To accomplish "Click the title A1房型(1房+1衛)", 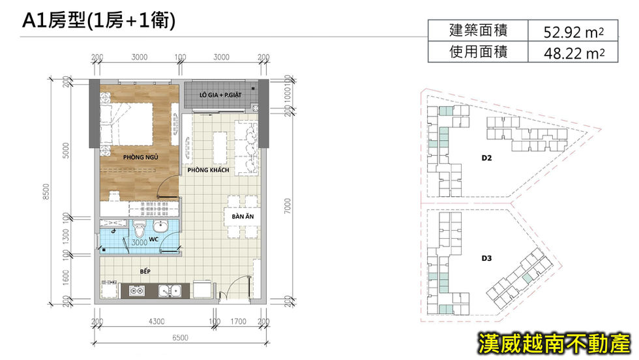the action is (x=98, y=20).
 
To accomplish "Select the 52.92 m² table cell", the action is (x=573, y=31).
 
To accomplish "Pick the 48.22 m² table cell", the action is (x=573, y=52).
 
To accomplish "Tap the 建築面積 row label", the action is (x=478, y=30).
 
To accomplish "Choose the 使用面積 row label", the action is (x=478, y=52).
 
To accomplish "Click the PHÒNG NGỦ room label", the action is (x=141, y=157).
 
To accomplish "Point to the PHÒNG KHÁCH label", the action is (x=208, y=170).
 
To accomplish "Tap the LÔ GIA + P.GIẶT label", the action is (x=220, y=95).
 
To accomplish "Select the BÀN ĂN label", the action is (x=243, y=217).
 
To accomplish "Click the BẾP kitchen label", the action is (x=145, y=271).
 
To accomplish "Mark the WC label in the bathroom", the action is (x=154, y=239).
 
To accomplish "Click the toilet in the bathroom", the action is (x=140, y=229).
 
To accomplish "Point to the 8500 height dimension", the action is (x=46, y=192).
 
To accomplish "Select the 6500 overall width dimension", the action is (x=180, y=338).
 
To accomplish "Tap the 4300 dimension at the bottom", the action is (x=156, y=322).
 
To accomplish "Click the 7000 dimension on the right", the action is (x=288, y=206).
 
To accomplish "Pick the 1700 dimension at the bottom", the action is (x=239, y=322).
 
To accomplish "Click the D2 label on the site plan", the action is (x=486, y=158).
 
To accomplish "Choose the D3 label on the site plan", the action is (x=486, y=258).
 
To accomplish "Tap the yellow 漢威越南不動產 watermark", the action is (x=554, y=343).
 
